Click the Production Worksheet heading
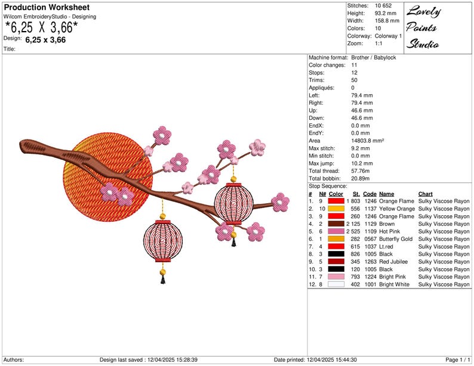(x=47, y=7)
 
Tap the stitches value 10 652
(x=383, y=6)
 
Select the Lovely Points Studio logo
(x=423, y=27)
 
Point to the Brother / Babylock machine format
(x=373, y=58)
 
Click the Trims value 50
(x=354, y=80)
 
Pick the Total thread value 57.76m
(x=360, y=171)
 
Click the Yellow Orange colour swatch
(x=336, y=209)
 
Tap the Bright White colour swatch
(x=336, y=284)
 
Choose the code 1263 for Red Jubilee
(x=370, y=262)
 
